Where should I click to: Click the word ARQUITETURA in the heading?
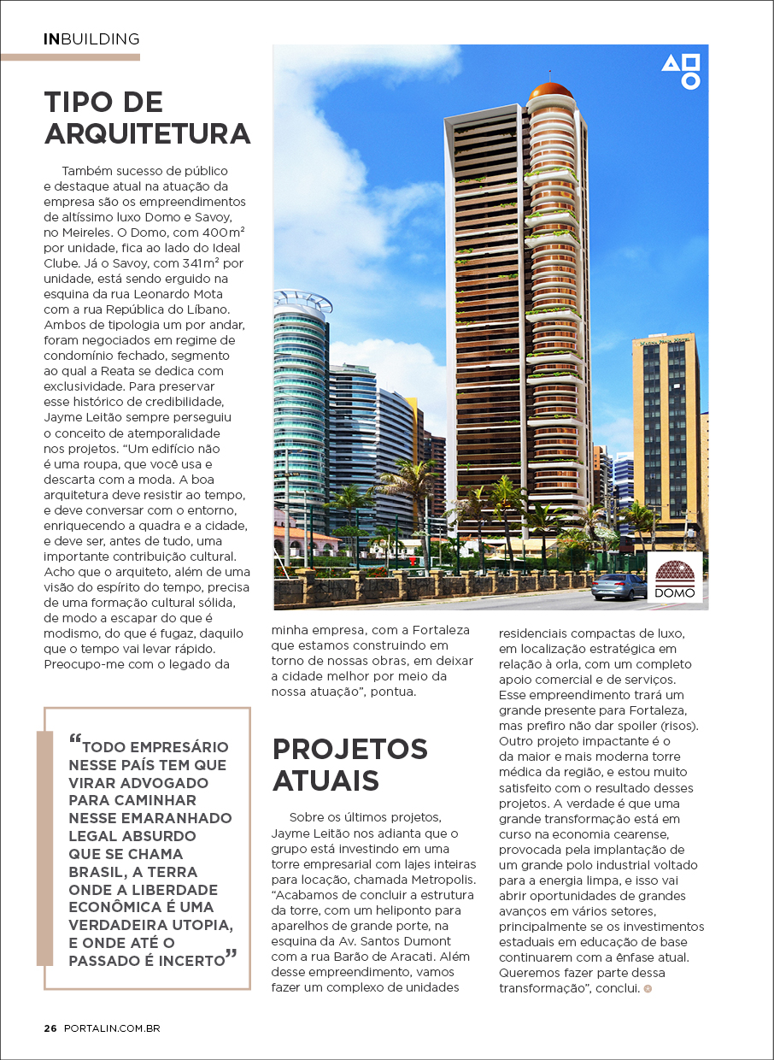[147, 134]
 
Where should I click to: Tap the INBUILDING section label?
[91, 38]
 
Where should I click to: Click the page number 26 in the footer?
[50, 1028]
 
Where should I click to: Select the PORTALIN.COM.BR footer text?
[112, 1028]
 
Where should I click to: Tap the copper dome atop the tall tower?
[549, 91]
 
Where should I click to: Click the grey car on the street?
[619, 586]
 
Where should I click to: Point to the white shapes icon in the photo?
[682, 71]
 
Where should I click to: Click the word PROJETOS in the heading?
[349, 749]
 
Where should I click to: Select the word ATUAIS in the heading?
[325, 780]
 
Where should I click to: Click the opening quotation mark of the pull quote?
[75, 739]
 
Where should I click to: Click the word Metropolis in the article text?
[419, 879]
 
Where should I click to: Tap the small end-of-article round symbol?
[648, 988]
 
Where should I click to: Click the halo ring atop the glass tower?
[303, 301]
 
